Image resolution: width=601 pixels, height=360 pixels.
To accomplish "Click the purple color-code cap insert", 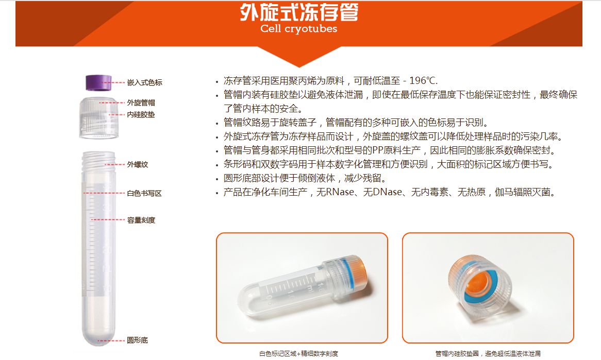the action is click(x=98, y=83).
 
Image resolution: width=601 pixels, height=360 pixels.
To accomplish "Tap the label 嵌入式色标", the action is click(x=145, y=82).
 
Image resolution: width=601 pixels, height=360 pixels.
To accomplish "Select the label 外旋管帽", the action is click(x=141, y=102).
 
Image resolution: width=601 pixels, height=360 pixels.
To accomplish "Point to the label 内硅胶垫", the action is click(x=141, y=114).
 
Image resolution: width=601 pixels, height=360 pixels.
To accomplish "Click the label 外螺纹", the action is click(x=138, y=164).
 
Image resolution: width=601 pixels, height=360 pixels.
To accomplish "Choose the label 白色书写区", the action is click(x=144, y=194).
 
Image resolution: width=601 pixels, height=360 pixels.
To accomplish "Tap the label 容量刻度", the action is click(x=141, y=220).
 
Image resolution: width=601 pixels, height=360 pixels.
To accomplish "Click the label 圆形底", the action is click(x=138, y=340).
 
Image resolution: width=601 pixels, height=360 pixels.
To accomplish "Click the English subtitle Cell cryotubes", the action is click(x=298, y=29).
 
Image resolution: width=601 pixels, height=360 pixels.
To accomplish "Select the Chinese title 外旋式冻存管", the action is click(x=299, y=12).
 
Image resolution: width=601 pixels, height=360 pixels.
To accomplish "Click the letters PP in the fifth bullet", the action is click(x=377, y=150).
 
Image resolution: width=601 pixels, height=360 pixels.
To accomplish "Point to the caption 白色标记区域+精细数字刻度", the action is click(x=299, y=353).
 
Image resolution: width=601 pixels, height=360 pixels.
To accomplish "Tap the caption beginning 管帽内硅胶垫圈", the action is click(x=488, y=353).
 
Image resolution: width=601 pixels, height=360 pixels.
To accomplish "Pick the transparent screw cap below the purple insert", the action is click(x=99, y=117).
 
